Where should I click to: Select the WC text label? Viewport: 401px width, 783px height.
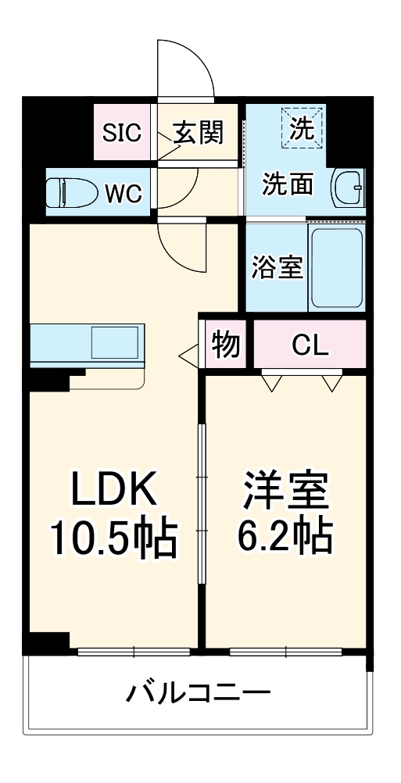click(x=124, y=192)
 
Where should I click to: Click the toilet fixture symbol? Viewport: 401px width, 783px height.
click(x=71, y=191)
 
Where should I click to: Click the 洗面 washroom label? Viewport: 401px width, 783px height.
click(x=287, y=184)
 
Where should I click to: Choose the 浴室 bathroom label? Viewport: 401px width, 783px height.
click(x=276, y=267)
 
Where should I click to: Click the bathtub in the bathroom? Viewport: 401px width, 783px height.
click(x=336, y=267)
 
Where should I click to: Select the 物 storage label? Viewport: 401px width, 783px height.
click(x=226, y=344)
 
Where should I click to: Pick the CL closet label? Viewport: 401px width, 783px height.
click(x=310, y=344)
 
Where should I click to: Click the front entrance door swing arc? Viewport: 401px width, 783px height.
click(x=186, y=70)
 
